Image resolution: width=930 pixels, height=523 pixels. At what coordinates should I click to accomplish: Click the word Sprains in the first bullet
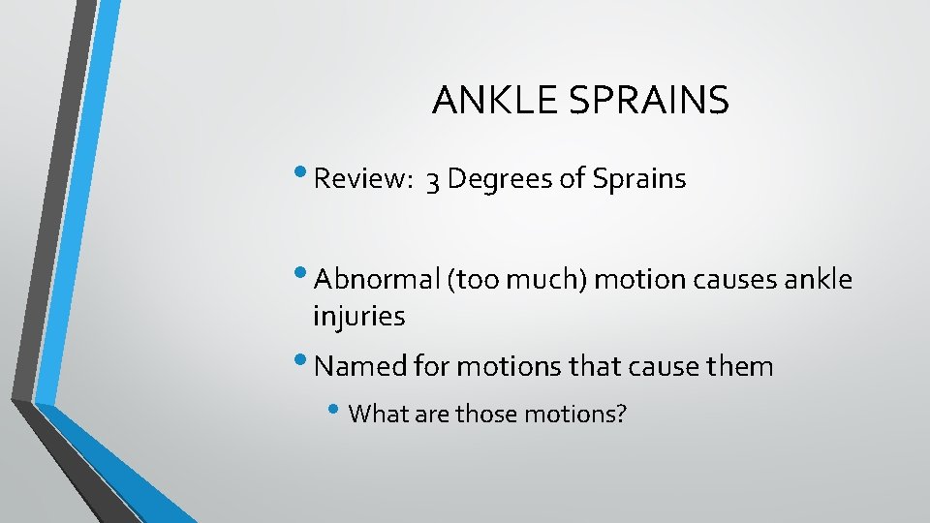point(635,180)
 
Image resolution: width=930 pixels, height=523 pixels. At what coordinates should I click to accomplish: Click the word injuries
point(359,316)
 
